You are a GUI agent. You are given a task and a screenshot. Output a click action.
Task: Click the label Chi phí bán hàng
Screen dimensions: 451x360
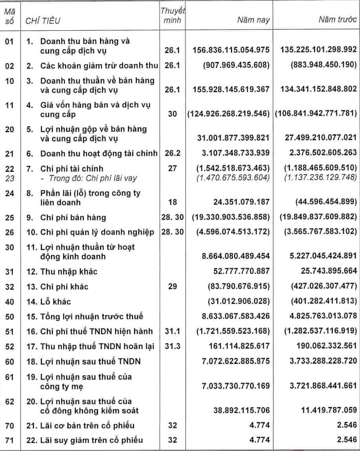click(x=68, y=218)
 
